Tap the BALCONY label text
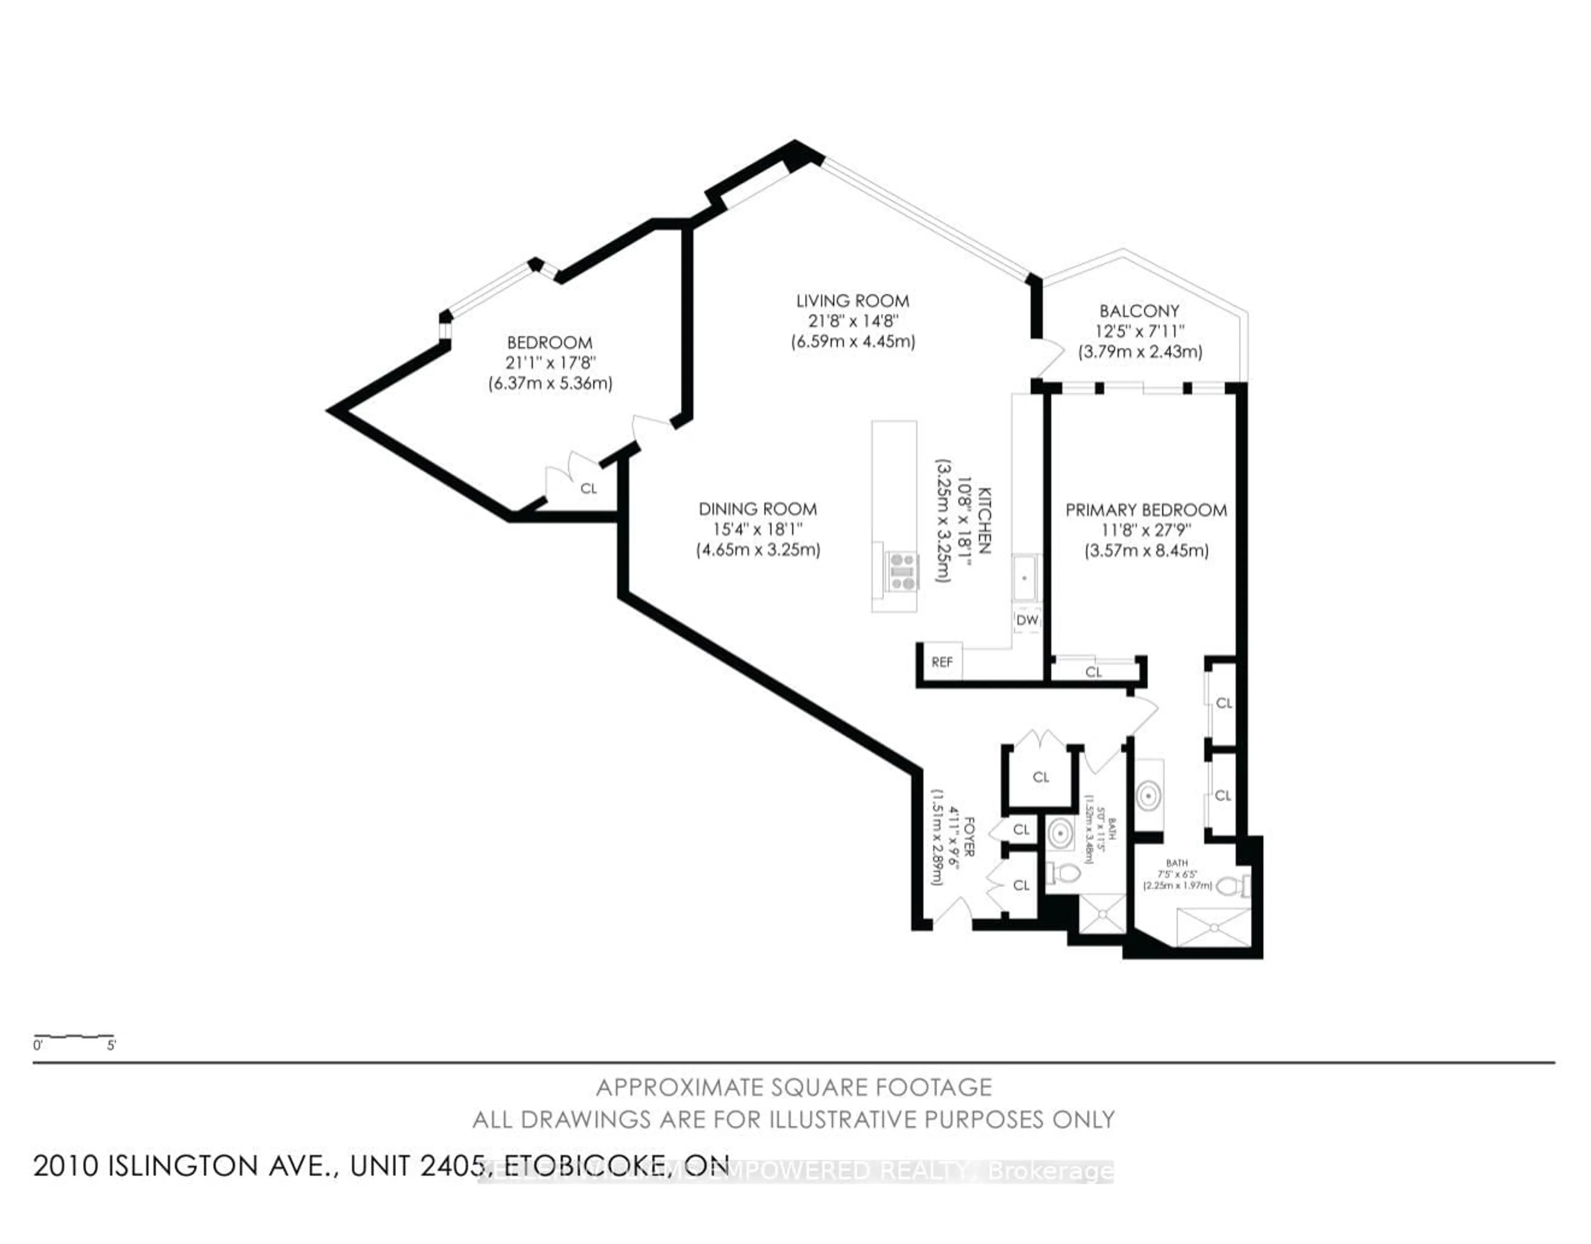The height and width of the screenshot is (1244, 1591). (x=1139, y=311)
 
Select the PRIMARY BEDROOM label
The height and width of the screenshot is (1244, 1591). (x=1146, y=510)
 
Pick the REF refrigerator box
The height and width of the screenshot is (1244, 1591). (x=942, y=662)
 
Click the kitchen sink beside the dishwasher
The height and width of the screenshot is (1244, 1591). (x=1026, y=577)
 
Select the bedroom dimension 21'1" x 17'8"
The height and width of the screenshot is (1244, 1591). (x=549, y=363)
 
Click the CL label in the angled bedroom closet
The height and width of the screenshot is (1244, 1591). (x=588, y=489)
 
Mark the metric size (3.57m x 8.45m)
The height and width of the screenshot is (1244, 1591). (x=1146, y=551)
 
